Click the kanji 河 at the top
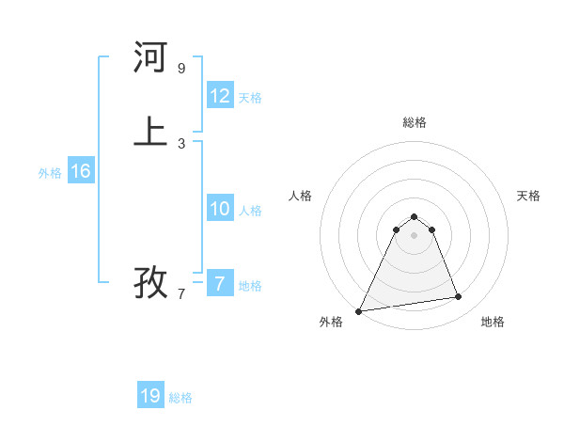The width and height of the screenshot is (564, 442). click(x=150, y=58)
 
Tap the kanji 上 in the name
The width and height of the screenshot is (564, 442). click(x=150, y=132)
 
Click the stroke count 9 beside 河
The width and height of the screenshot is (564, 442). click(x=181, y=69)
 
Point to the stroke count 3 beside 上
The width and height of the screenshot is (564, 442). click(x=181, y=143)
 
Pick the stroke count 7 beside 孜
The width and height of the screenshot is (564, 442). click(x=181, y=293)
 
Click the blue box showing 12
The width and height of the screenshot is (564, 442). click(x=220, y=96)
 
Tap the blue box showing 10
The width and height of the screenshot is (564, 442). click(x=220, y=209)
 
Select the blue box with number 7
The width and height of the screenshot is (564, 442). click(x=220, y=284)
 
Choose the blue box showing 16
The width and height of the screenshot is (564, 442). click(x=81, y=171)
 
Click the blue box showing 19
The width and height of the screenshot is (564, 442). click(x=150, y=396)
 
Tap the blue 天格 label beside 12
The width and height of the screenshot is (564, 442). click(x=250, y=98)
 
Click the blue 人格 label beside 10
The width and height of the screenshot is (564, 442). click(x=250, y=211)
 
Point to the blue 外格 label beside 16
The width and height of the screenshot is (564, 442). click(x=50, y=173)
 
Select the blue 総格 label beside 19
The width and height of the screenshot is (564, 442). click(x=180, y=398)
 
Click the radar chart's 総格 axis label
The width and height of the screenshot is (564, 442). click(x=415, y=122)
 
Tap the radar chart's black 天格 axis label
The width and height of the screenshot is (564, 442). click(x=528, y=196)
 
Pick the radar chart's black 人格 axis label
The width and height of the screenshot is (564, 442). click(x=300, y=196)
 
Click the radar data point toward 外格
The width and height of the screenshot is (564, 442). click(x=359, y=310)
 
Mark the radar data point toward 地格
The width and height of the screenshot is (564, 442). click(x=459, y=297)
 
